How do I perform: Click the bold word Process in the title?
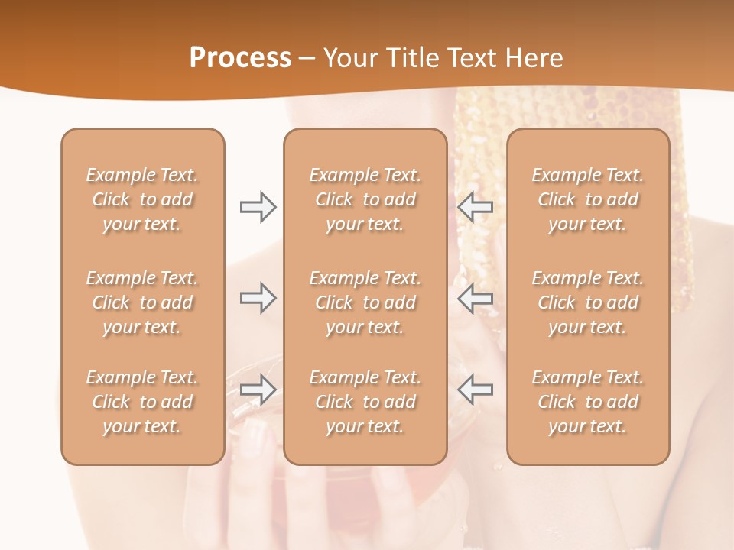(240, 58)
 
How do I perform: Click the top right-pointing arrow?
(258, 207)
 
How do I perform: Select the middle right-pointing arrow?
(258, 299)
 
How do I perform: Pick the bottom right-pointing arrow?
(258, 390)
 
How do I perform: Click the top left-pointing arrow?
(476, 207)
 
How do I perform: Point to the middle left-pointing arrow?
(476, 299)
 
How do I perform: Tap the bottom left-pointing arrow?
(476, 390)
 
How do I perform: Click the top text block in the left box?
(142, 199)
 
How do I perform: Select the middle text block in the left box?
(142, 302)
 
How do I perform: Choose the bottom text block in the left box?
(142, 402)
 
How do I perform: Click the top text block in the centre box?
(365, 199)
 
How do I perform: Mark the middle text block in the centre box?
(365, 302)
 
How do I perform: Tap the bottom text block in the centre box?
(365, 402)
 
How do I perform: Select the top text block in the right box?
(588, 199)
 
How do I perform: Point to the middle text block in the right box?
(588, 302)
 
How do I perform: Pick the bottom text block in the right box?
(588, 402)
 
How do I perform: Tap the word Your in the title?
(349, 58)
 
